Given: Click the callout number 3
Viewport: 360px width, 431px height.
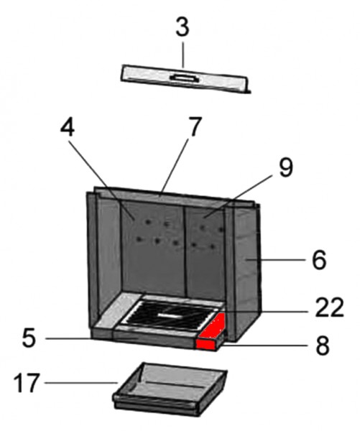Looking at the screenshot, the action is click(183, 27).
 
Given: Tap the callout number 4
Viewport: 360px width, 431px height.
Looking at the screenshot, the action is click(68, 128).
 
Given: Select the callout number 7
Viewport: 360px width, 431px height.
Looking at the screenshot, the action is click(195, 126).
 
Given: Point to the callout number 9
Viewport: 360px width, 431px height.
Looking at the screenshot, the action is click(286, 167).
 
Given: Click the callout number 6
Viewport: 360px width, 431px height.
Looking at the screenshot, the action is click(319, 260).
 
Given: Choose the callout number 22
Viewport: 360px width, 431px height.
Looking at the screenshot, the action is click(330, 307).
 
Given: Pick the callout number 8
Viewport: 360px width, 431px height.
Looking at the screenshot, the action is click(323, 346).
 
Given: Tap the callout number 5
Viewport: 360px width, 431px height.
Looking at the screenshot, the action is click(29, 338).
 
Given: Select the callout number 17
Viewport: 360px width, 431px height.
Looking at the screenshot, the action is click(26, 383).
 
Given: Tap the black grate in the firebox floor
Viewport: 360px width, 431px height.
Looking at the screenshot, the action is click(169, 315).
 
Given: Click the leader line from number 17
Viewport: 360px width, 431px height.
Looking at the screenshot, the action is click(81, 383).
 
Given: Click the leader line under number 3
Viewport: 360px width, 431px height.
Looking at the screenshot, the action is click(183, 54).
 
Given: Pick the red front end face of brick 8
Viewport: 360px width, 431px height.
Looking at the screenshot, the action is click(206, 344).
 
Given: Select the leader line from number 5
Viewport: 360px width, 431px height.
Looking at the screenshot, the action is click(69, 338).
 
